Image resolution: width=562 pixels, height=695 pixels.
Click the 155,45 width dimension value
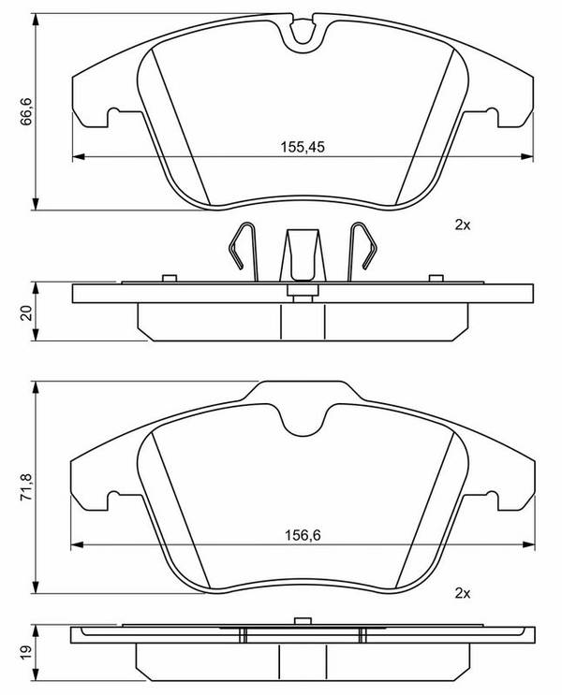[303, 147]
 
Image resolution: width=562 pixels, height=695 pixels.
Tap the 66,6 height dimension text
[26, 112]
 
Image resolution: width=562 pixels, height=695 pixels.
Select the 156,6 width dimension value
[303, 535]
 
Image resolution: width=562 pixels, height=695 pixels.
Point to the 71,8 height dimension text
[26, 487]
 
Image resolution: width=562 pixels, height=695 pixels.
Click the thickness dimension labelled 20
[26, 313]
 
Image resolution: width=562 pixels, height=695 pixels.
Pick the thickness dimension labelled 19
[26, 652]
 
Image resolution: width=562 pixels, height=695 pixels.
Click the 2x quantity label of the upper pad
[462, 225]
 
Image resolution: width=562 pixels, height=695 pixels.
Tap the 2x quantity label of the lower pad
[462, 593]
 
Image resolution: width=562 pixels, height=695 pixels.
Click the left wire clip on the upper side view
[244, 251]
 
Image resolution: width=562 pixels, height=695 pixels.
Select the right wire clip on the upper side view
[362, 251]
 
